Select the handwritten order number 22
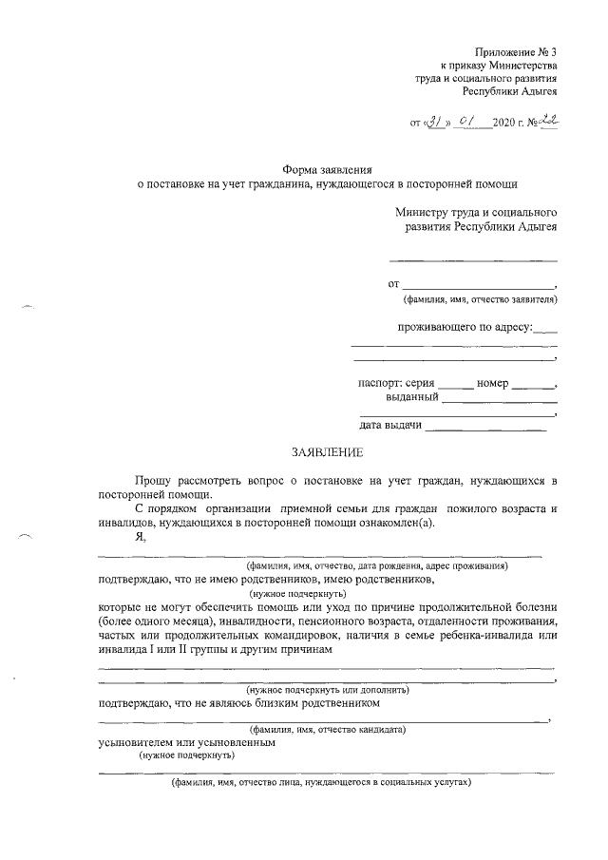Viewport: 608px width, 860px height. (546, 122)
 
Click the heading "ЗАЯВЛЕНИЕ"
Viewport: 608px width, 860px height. (327, 452)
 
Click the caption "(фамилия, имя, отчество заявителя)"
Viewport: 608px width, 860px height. (480, 300)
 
